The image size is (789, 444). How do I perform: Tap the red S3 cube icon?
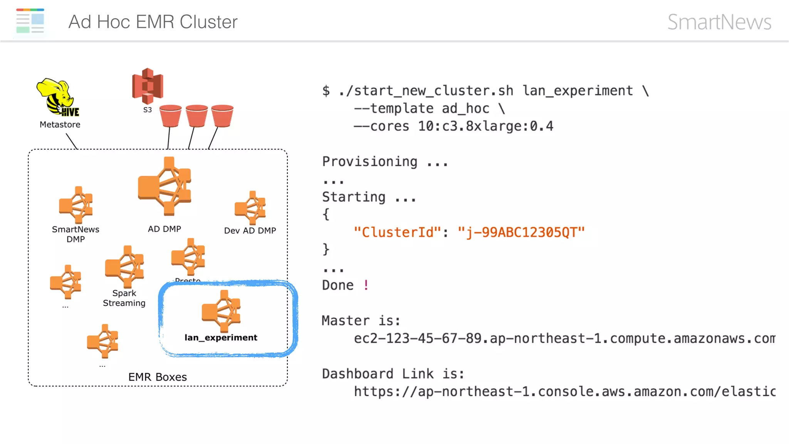point(148,86)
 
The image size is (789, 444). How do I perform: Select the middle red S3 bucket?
point(196,116)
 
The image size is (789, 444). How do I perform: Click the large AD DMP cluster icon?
point(165,187)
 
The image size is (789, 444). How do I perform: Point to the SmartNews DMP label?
point(76,234)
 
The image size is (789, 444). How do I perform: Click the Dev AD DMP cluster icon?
point(250,208)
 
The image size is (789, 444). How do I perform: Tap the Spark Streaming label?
point(124,298)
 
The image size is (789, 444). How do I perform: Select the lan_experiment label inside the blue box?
point(221,338)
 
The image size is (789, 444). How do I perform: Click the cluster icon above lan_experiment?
point(221,311)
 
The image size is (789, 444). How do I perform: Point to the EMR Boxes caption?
point(158,377)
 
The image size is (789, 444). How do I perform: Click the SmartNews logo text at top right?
point(719,22)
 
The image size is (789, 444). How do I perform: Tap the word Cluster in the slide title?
point(208,22)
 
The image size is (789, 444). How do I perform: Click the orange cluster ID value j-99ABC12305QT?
point(521,232)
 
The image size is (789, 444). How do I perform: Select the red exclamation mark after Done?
point(366,285)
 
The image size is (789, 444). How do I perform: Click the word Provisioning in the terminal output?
point(369,161)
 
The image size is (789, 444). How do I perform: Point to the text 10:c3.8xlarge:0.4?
point(485,126)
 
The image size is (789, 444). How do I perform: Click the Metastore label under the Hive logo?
point(60,124)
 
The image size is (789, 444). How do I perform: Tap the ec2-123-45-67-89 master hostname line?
point(564,338)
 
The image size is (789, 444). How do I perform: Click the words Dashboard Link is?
point(393,374)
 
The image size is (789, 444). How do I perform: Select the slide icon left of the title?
point(30,22)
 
